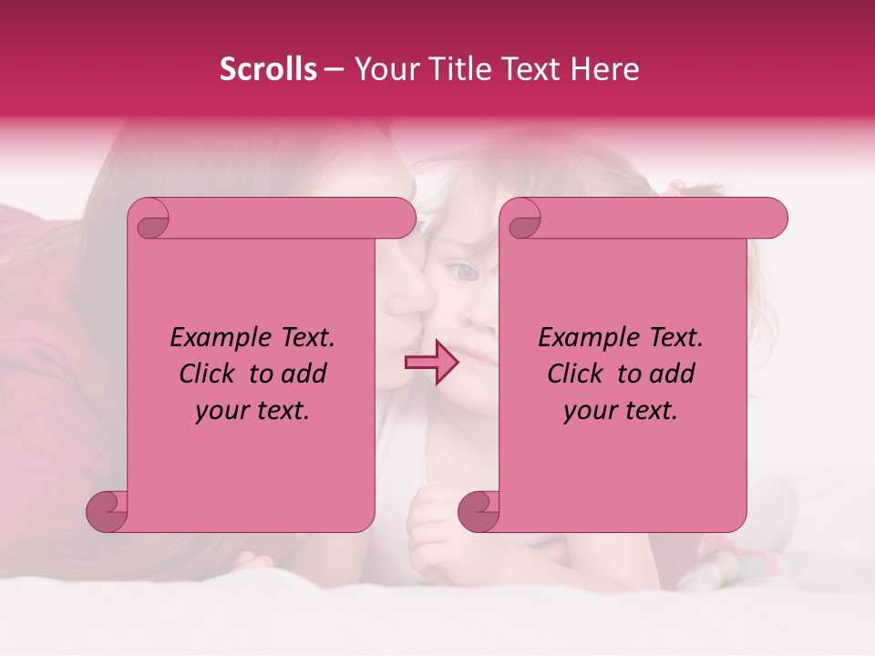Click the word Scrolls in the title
tap(268, 69)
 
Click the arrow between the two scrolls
tap(431, 363)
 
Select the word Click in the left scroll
tap(210, 374)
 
